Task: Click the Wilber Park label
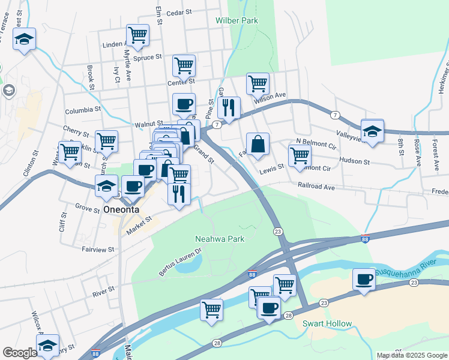[x=237, y=20]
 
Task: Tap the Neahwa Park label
[x=220, y=239]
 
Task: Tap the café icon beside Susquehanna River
[x=364, y=280]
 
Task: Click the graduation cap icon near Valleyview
[x=372, y=131]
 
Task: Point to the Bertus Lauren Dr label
[x=178, y=265]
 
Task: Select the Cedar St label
[x=178, y=12]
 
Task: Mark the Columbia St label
[x=83, y=110]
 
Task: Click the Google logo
[x=20, y=353]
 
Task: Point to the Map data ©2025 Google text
[x=411, y=355]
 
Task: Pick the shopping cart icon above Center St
[x=184, y=65]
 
